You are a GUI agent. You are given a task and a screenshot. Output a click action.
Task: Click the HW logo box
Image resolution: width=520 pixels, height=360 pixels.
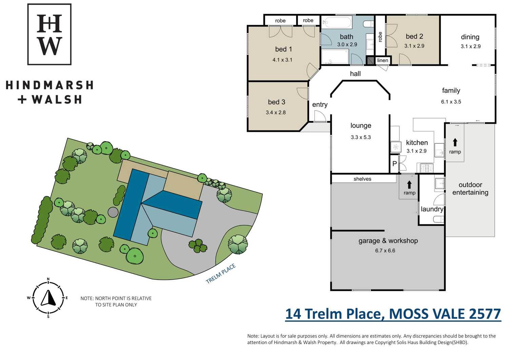coord(49,34)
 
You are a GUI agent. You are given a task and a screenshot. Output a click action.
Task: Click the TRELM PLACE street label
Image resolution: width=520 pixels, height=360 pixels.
coord(221,274)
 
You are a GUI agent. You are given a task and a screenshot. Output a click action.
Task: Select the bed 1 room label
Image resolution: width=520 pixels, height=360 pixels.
coord(283,49)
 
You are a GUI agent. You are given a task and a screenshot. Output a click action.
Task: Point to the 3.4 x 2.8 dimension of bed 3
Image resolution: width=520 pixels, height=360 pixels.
coord(276,113)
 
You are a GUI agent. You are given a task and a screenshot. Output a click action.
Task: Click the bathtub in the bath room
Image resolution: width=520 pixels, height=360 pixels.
coord(337,22)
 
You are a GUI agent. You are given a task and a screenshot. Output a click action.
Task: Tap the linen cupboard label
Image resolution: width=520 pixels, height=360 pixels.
coord(383,60)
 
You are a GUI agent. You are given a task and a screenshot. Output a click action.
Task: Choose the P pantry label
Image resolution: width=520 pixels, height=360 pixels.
coord(395,164)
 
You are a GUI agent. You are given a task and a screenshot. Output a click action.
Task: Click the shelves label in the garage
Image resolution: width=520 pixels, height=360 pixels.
coord(362,179)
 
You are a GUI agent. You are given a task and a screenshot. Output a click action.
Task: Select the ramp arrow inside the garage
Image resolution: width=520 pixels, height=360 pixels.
coord(409,185)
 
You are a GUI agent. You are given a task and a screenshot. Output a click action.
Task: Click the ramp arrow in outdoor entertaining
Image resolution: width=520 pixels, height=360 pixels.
coord(455,142)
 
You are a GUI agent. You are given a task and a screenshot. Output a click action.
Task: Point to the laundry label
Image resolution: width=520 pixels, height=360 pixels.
coord(432,209)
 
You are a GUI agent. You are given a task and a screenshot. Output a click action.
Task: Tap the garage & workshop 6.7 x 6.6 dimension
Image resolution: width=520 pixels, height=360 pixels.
coord(385,251)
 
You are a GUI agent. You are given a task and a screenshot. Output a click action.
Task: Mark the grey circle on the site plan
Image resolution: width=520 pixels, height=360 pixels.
coord(113,212)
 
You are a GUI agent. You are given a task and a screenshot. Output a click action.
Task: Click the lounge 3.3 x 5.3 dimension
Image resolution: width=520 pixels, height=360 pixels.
coord(361,137)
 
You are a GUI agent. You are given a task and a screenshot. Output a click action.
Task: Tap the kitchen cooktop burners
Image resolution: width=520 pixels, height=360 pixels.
coord(426,167)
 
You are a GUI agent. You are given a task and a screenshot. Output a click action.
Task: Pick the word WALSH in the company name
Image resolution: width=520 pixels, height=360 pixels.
coord(57,100)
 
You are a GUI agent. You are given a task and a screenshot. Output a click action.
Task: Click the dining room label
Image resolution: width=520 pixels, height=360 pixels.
coord(470,37)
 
